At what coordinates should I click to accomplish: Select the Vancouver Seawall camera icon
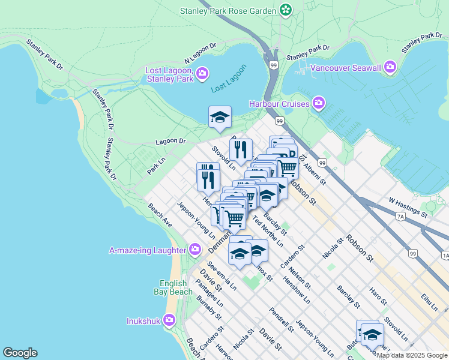point(390,67)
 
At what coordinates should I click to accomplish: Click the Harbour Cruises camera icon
point(319,104)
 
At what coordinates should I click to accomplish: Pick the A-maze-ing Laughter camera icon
point(194,249)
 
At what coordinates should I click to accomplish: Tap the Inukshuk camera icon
point(169,320)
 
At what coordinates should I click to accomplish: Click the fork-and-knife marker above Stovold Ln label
point(240,150)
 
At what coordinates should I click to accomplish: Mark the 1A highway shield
point(445,256)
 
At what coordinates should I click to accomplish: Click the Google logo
point(20,353)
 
